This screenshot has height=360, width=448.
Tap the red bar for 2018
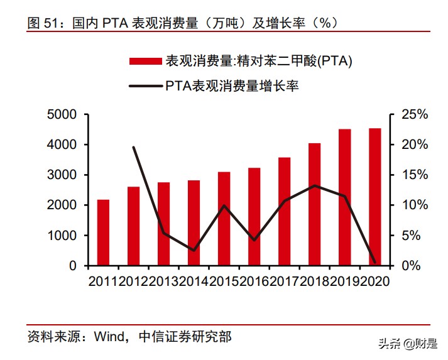(x=314, y=204)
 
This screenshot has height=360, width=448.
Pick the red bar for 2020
(x=374, y=197)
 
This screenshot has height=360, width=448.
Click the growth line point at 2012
(x=134, y=147)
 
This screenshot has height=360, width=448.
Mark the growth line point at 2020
(x=374, y=262)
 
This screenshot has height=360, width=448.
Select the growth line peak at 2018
(x=314, y=185)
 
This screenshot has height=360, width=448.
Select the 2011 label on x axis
(x=102, y=281)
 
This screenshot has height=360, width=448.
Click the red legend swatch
(x=146, y=62)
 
